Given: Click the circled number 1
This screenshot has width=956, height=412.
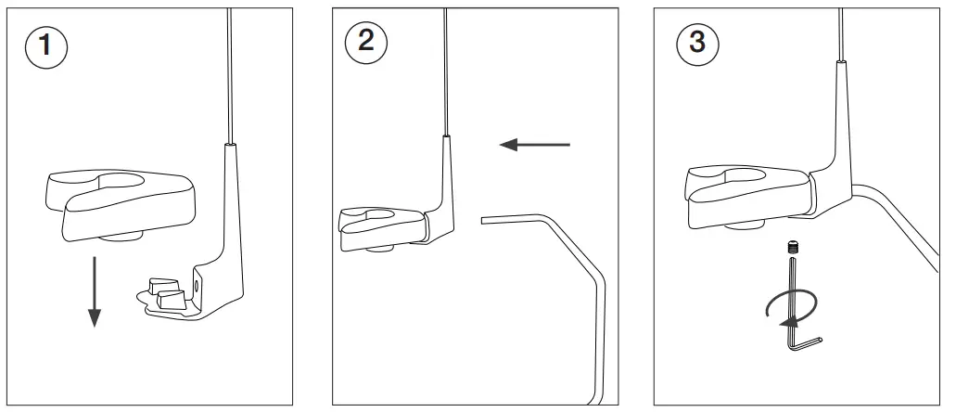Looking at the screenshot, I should (x=44, y=47).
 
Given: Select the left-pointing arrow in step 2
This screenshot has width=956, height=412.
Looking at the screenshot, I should (x=536, y=144).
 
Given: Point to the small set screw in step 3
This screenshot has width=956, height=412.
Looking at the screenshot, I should (x=793, y=247).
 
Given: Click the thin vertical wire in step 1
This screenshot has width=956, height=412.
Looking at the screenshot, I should (x=227, y=74).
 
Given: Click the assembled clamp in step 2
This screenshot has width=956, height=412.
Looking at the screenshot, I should (x=380, y=227).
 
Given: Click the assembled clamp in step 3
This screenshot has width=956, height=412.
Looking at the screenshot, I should (x=742, y=190).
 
